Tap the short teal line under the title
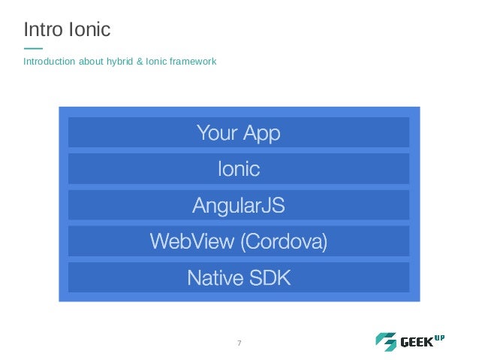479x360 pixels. coord(33,49)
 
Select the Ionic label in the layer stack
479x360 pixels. coord(239,169)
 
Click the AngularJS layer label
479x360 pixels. coord(239,205)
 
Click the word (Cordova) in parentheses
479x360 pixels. coord(282,242)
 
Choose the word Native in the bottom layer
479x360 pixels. coord(215,278)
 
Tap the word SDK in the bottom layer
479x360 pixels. coord(268,278)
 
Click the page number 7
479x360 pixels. coord(239,343)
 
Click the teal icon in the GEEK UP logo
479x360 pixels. coord(386,342)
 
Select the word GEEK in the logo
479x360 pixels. coord(417,343)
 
